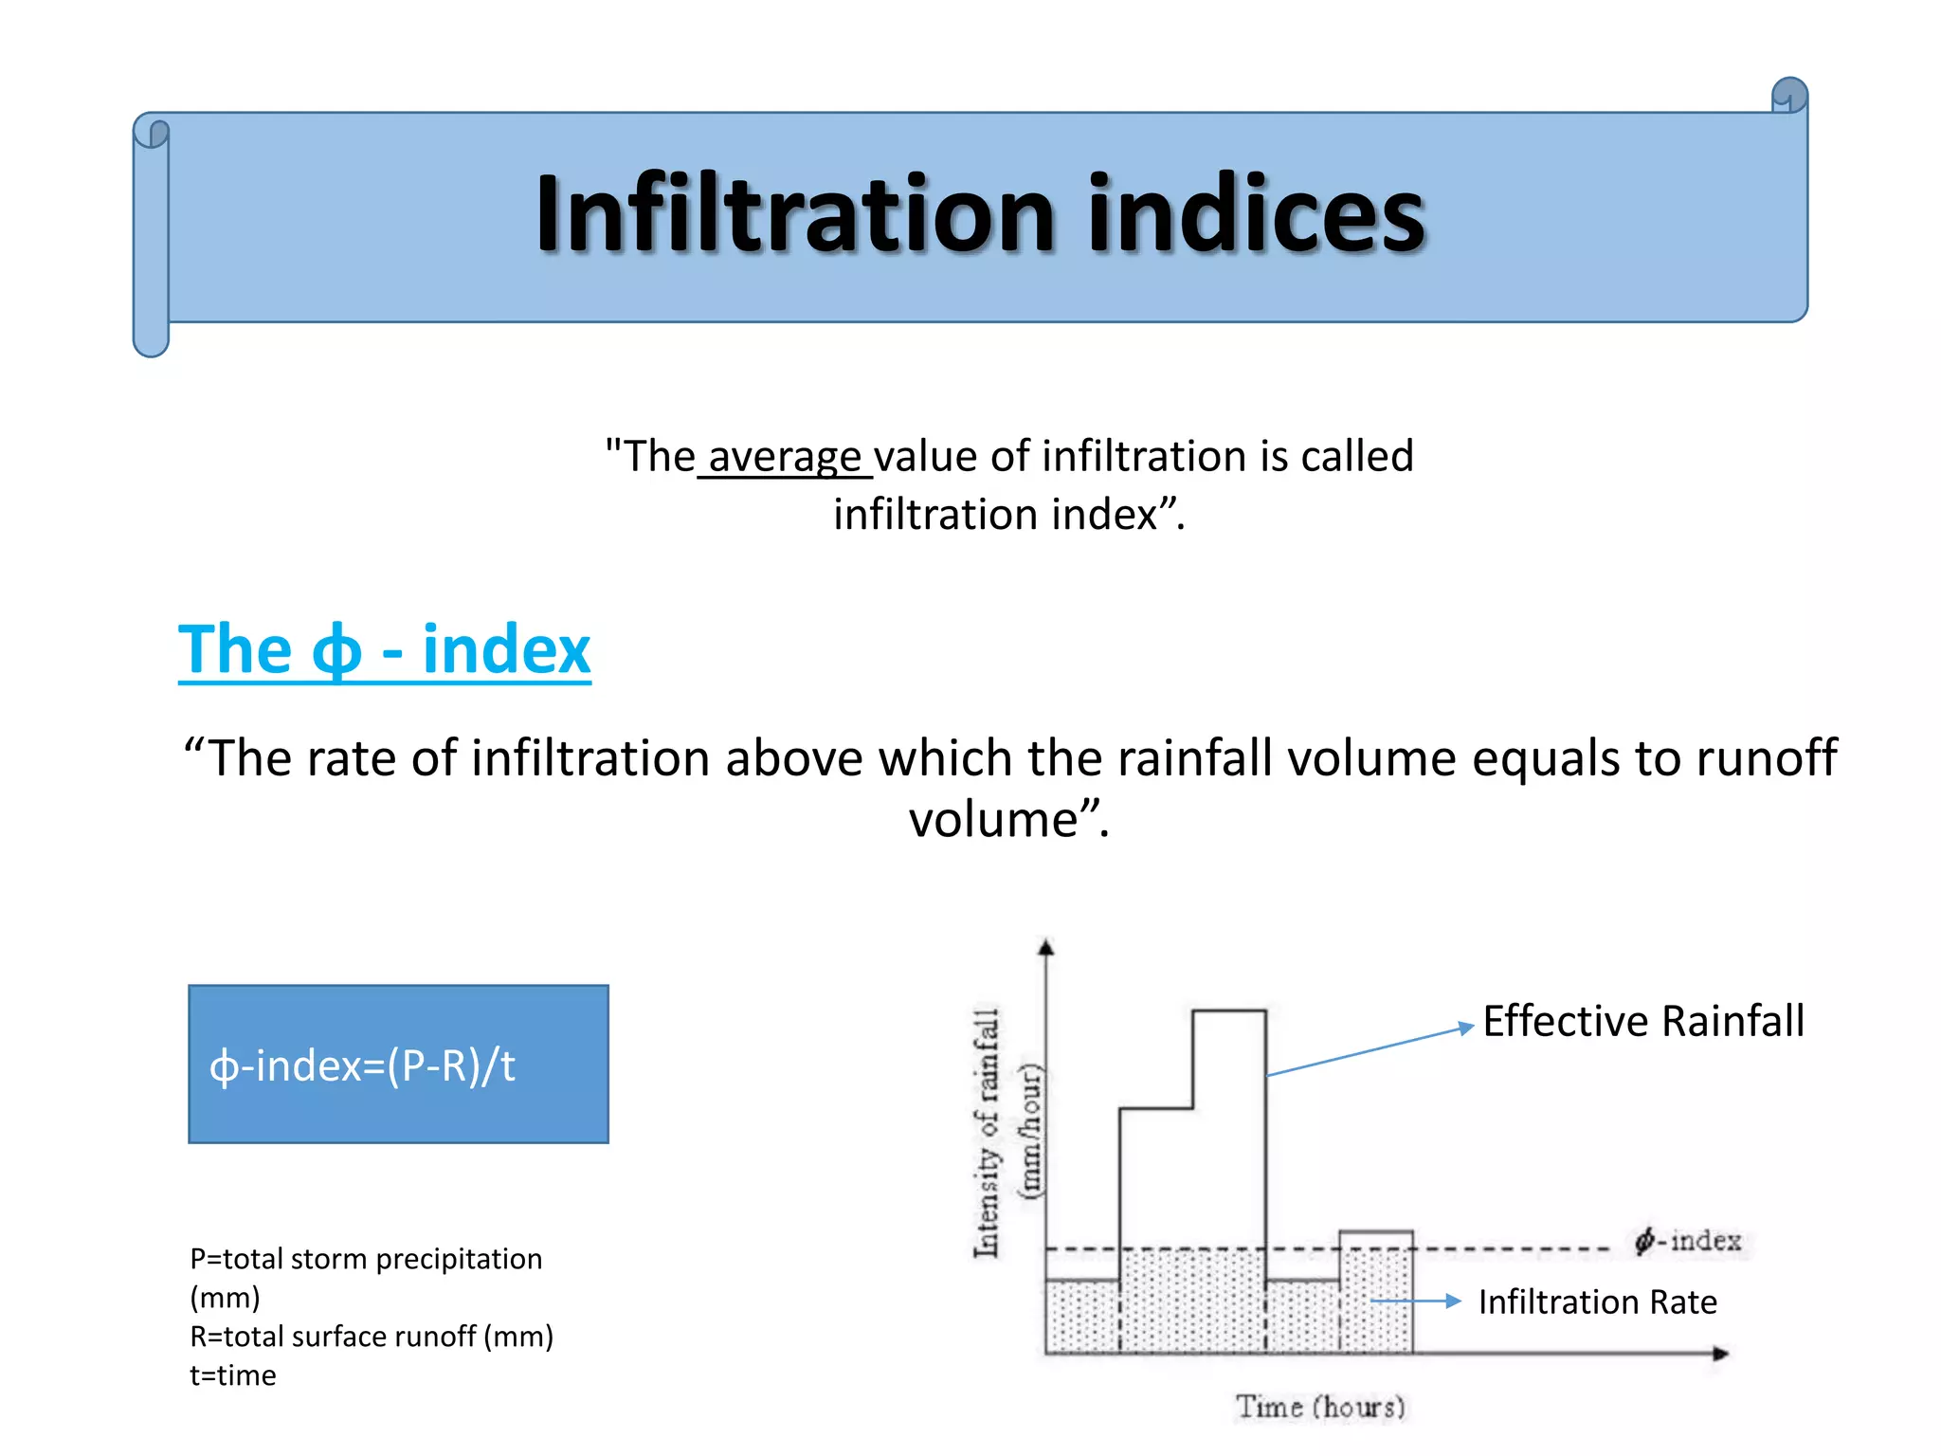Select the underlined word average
click(785, 457)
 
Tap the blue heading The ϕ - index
click(384, 650)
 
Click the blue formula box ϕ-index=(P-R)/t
click(398, 1064)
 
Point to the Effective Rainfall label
click(1642, 1022)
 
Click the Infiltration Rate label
click(1597, 1301)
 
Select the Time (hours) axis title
click(1320, 1407)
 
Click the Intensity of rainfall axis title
click(988, 1133)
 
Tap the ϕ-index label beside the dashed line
click(1689, 1241)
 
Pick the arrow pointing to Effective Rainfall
click(1370, 1050)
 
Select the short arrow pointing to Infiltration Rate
click(1417, 1301)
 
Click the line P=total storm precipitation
click(366, 1259)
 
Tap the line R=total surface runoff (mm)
click(372, 1337)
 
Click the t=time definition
click(233, 1375)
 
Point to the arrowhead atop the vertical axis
click(1045, 947)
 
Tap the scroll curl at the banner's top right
click(1789, 95)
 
